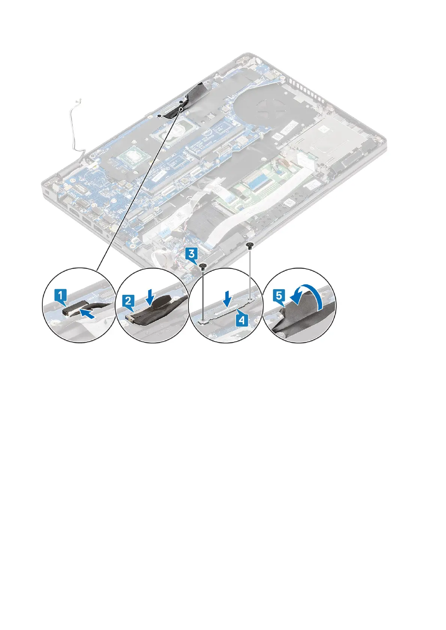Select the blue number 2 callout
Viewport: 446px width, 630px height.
(x=128, y=300)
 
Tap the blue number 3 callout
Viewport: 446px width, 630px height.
(x=191, y=255)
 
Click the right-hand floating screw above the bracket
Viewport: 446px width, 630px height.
(x=250, y=245)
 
